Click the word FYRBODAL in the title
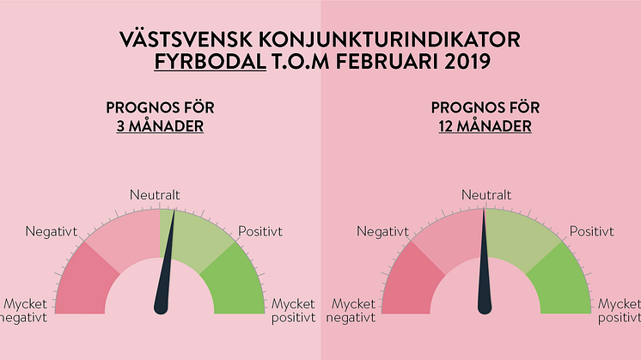pyautogui.click(x=211, y=62)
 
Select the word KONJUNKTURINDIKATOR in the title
pyautogui.click(x=389, y=40)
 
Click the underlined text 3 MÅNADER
pyautogui.click(x=160, y=126)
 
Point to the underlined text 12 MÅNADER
pyautogui.click(x=485, y=126)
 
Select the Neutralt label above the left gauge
pyautogui.click(x=155, y=195)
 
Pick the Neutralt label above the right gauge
pyautogui.click(x=486, y=195)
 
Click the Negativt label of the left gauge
pyautogui.click(x=51, y=232)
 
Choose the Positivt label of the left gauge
pyautogui.click(x=260, y=231)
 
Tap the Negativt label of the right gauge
pyautogui.click(x=382, y=232)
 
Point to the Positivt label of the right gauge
pyautogui.click(x=592, y=231)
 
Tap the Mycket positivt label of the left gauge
pyautogui.click(x=294, y=311)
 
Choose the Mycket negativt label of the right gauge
pyautogui.click(x=351, y=311)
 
